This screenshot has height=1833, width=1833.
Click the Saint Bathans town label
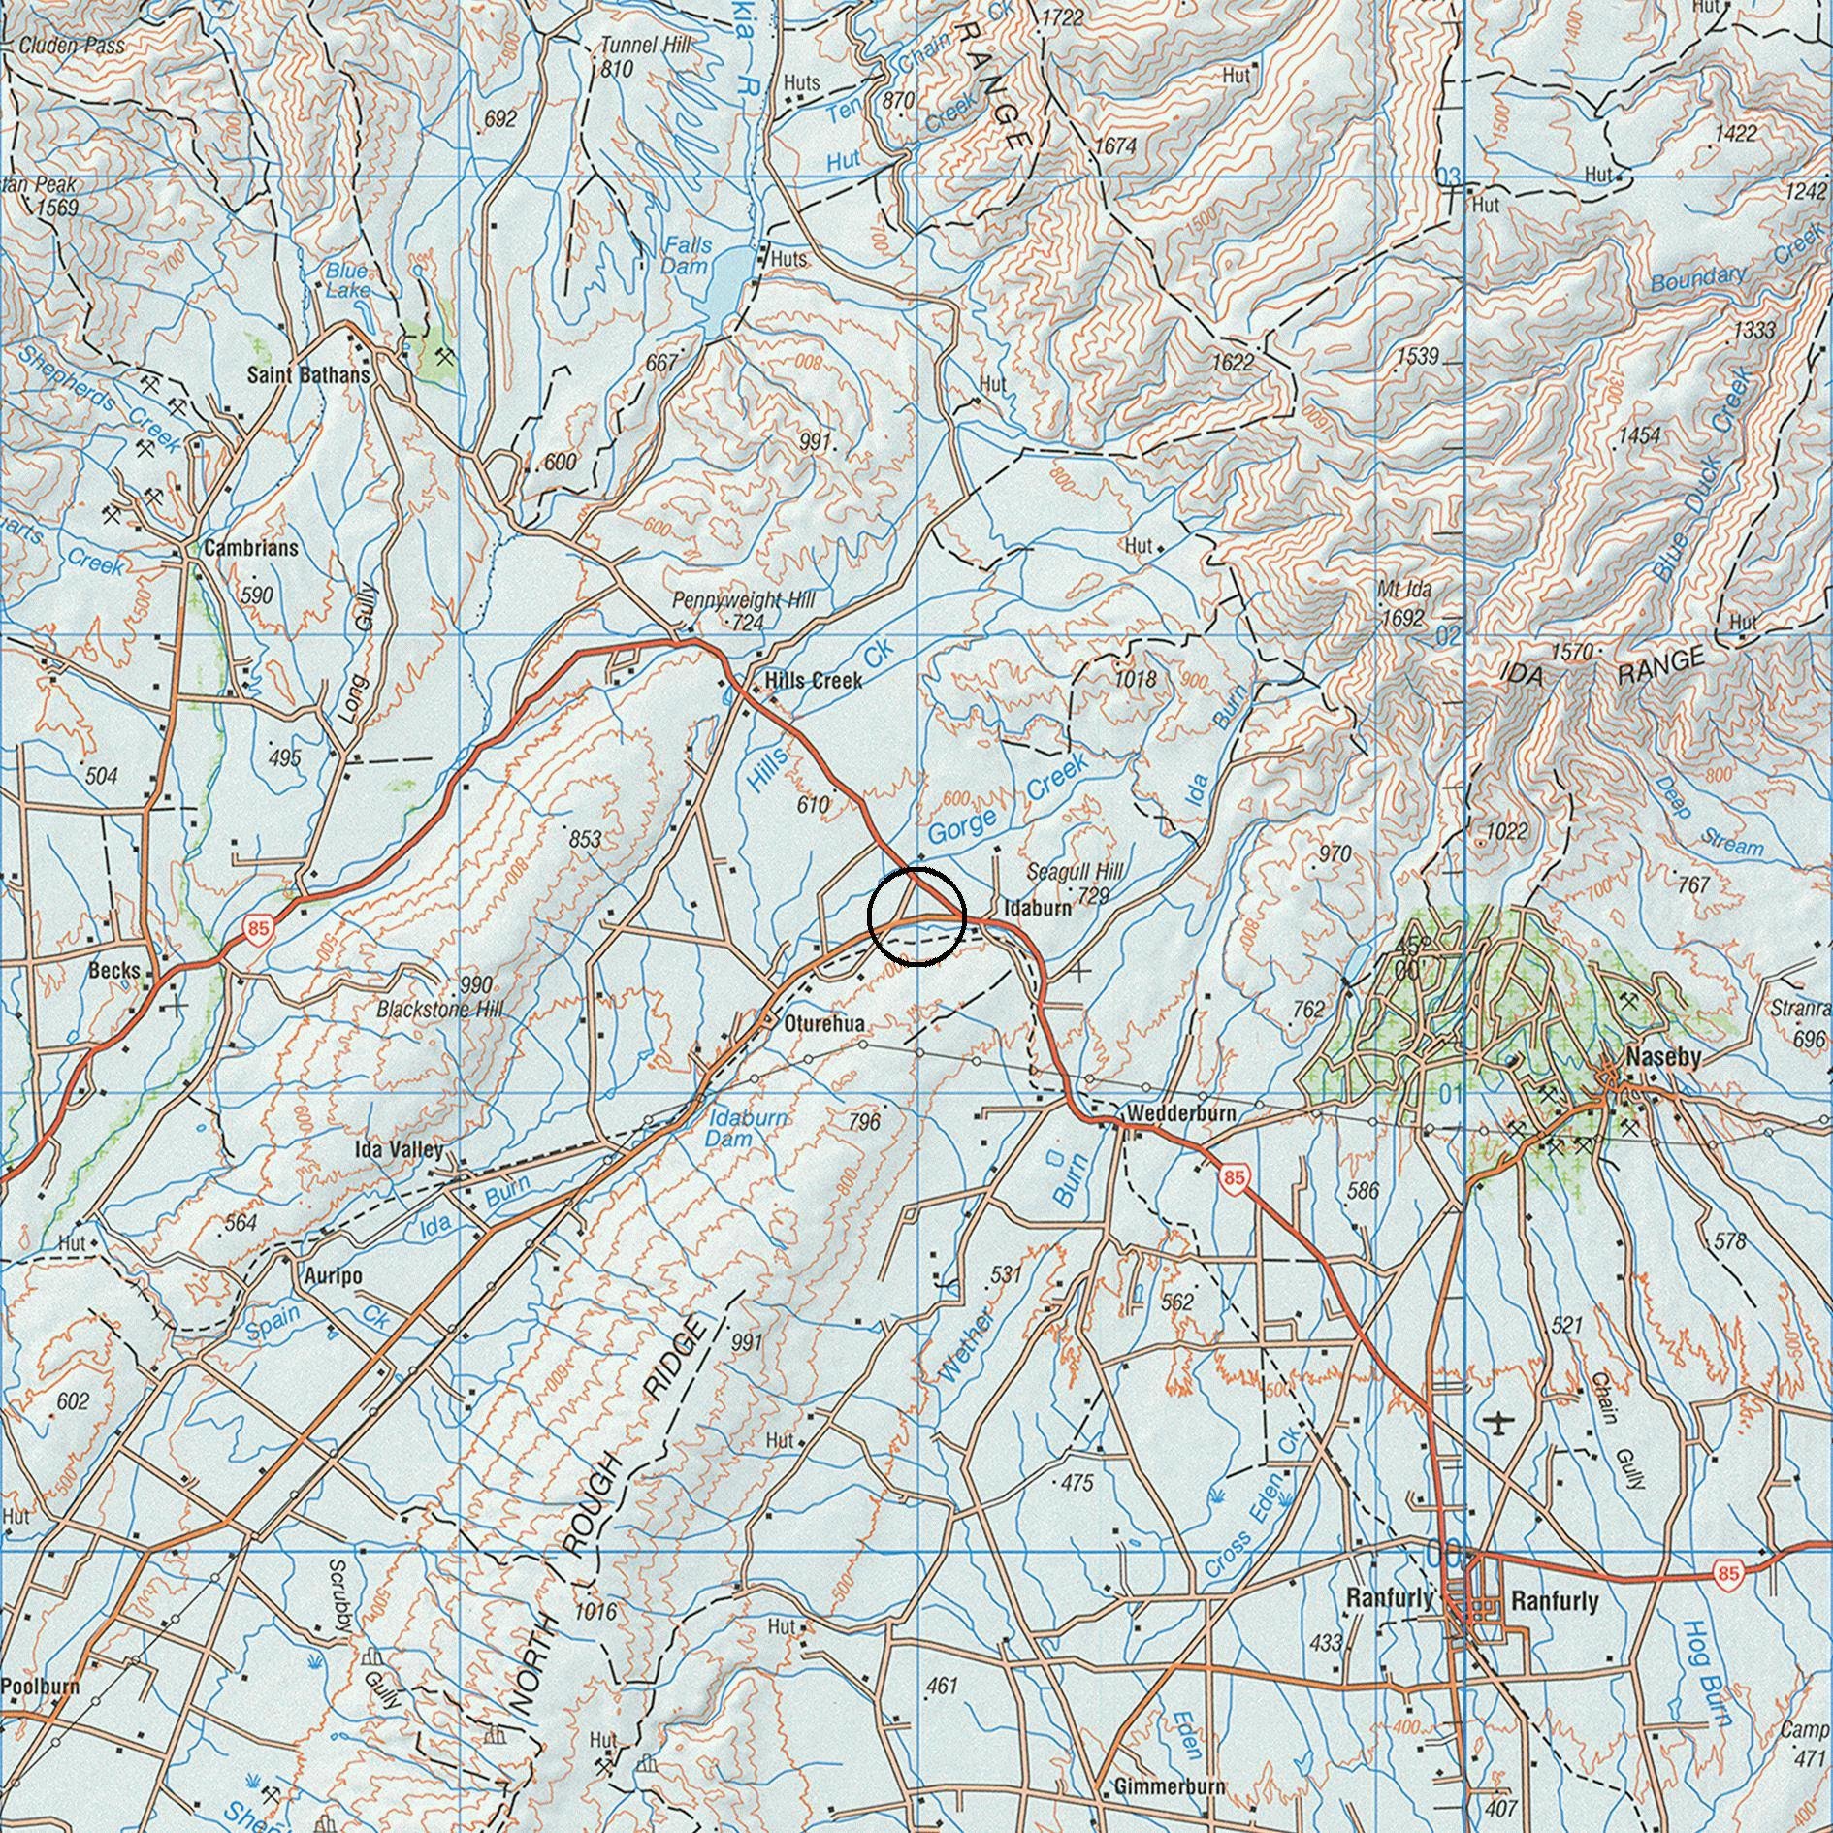(307, 374)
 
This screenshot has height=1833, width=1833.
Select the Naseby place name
(1663, 1058)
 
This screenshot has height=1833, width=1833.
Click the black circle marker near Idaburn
(916, 916)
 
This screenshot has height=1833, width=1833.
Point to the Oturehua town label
(824, 1024)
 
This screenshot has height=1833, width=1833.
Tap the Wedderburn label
(1180, 1114)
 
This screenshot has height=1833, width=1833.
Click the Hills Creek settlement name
(813, 681)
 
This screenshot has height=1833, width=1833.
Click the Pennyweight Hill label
(744, 601)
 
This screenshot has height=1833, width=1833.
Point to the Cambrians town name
(251, 548)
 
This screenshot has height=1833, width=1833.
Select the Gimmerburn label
(1169, 1786)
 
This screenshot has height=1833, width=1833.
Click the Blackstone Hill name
(440, 1010)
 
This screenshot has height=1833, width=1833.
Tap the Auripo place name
(333, 1276)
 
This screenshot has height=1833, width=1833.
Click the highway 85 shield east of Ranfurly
(1727, 1573)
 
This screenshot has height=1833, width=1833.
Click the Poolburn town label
(40, 1686)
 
